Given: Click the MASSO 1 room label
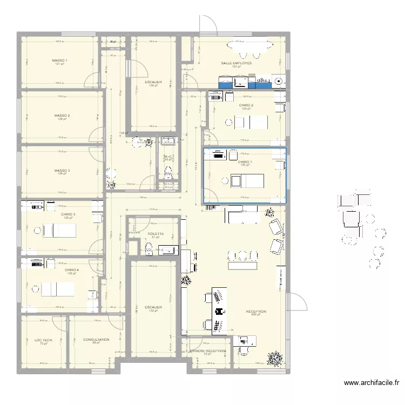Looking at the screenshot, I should [59, 60].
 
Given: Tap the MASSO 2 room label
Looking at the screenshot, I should [62, 115].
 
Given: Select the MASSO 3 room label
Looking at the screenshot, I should [62, 171].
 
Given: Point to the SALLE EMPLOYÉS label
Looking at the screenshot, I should [236, 63].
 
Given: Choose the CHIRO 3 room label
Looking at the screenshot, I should [68, 214].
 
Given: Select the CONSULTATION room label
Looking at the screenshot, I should [97, 340].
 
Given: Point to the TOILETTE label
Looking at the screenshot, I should [154, 234].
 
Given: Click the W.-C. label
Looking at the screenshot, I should [167, 157].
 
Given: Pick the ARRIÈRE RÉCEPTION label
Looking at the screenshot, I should [207, 350].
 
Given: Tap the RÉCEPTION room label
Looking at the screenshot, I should [256, 312].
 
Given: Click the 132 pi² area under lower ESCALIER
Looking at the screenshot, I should [153, 310].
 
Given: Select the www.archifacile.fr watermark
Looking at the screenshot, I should [372, 383].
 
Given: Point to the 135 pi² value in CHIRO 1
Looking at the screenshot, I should [245, 165].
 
